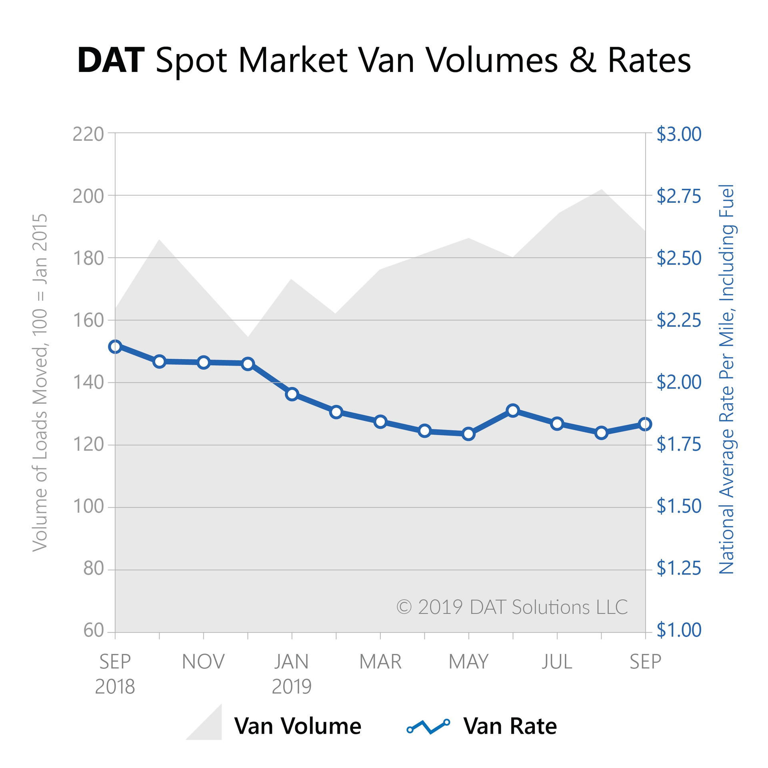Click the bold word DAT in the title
[x=110, y=61]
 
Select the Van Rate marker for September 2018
[x=115, y=346]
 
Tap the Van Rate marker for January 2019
[x=292, y=394]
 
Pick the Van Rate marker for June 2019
[x=513, y=410]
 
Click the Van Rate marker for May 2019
[x=469, y=434]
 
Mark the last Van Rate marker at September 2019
[x=645, y=424]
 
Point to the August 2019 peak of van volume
[x=601, y=190]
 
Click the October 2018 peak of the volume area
[x=159, y=240]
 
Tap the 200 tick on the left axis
[x=88, y=196]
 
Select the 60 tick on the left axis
[x=94, y=631]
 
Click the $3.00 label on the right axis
[x=679, y=134]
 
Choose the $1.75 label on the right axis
[x=679, y=444]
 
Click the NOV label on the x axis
[x=203, y=662]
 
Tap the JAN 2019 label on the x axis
[x=292, y=674]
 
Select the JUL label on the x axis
[x=557, y=662]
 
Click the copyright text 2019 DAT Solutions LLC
[x=512, y=607]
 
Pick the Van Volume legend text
[x=298, y=726]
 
